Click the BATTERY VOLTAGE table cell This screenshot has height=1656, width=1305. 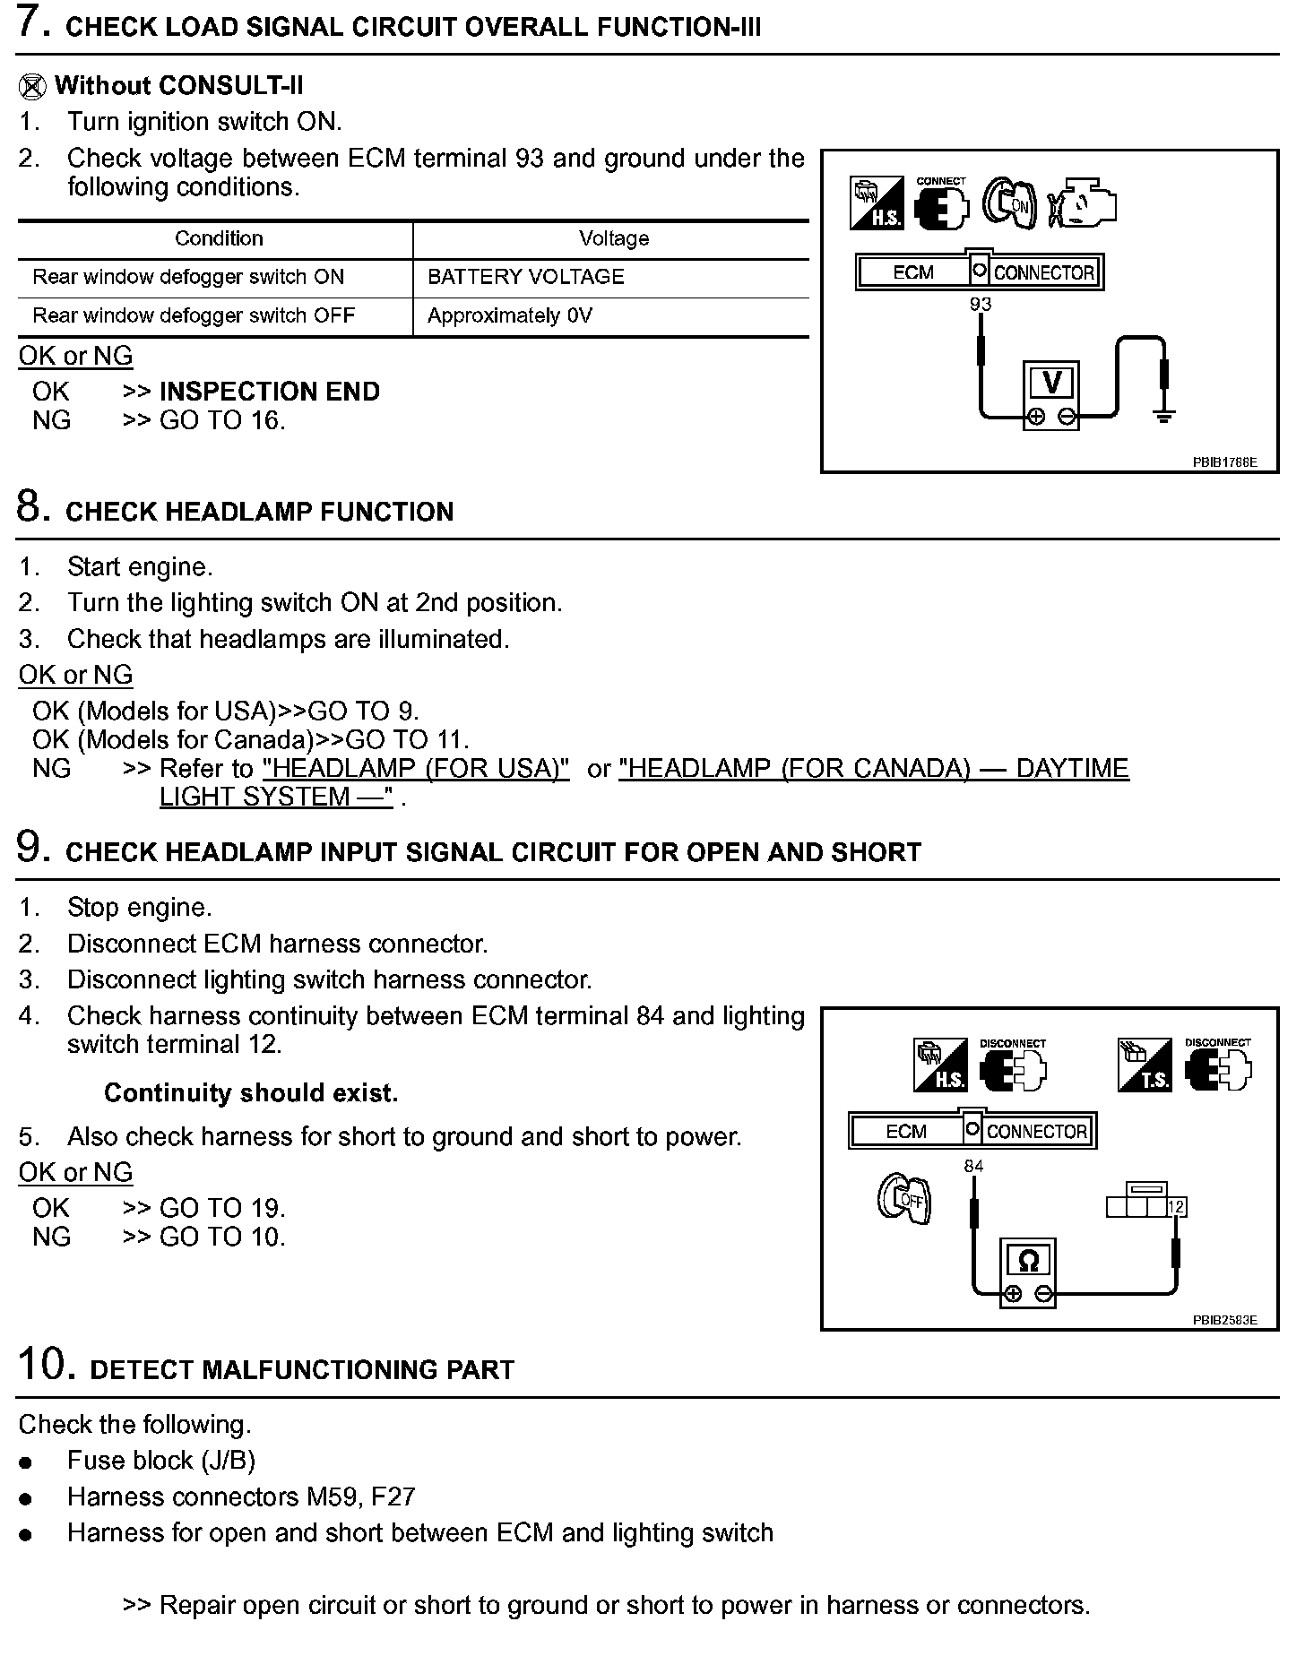[x=525, y=277]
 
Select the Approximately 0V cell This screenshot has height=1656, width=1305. [x=509, y=315]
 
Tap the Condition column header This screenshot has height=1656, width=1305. [x=219, y=238]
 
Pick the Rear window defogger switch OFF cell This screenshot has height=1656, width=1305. [x=194, y=315]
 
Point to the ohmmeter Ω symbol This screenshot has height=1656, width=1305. [x=1028, y=1262]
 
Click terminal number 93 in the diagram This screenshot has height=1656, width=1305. [x=981, y=305]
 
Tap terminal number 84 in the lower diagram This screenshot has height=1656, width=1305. [x=973, y=1166]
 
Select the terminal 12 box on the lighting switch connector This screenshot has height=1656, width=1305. [x=1177, y=1207]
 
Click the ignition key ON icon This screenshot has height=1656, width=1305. [x=1010, y=203]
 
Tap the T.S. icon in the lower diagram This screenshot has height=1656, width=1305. [x=1144, y=1065]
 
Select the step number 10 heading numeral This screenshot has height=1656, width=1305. [x=41, y=1365]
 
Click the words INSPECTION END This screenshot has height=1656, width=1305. [x=269, y=392]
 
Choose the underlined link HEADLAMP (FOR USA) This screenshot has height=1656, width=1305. [x=416, y=769]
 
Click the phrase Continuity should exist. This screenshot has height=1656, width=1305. [x=251, y=1093]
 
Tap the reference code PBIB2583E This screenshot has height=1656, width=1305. [x=1224, y=1320]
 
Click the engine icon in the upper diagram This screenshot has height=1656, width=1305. [x=1083, y=203]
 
